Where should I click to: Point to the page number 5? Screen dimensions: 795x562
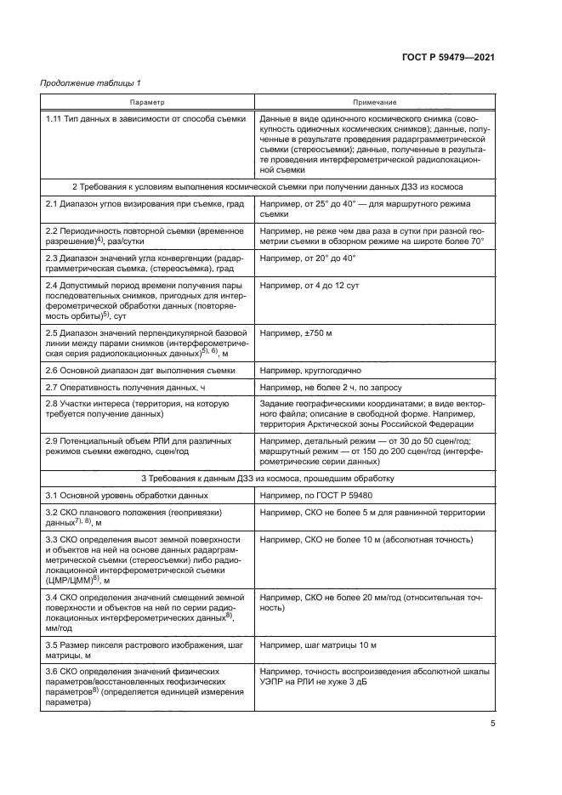coord(493,724)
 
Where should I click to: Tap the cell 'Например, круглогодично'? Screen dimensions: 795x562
coord(312,371)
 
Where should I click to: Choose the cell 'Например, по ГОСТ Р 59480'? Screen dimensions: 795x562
coord(319,494)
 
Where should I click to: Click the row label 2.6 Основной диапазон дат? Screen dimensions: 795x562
coord(128,371)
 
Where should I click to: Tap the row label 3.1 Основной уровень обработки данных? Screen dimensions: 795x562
coord(127,494)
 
